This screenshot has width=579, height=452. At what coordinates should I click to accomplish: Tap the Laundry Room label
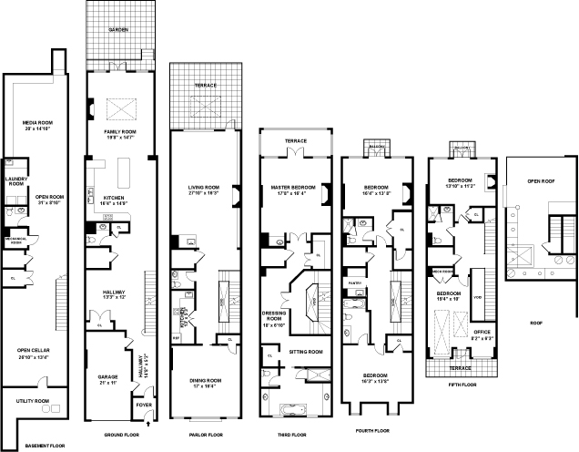[x=15, y=180]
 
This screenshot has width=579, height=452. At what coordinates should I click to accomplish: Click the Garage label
[x=108, y=374]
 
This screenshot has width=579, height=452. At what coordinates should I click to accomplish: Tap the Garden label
[x=118, y=30]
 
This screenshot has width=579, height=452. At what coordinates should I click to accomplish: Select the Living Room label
[x=202, y=186]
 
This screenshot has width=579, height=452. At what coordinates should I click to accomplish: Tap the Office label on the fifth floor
[x=482, y=331]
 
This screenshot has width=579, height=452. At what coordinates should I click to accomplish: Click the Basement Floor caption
[x=45, y=445]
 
